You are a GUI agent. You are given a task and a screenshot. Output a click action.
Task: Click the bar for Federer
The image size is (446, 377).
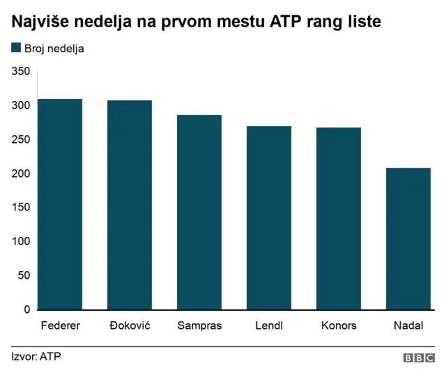click(x=60, y=204)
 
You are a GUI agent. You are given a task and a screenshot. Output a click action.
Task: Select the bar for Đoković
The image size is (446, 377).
click(x=130, y=205)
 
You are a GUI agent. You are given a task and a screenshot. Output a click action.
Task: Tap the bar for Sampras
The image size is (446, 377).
click(x=199, y=212)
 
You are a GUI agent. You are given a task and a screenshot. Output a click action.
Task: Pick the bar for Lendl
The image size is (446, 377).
click(x=269, y=217)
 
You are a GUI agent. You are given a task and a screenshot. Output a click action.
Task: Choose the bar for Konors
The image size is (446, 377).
click(x=339, y=218)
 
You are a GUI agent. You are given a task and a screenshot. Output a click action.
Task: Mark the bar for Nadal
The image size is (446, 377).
click(x=408, y=238)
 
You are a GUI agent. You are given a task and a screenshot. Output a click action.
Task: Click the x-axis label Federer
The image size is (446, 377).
click(x=60, y=325)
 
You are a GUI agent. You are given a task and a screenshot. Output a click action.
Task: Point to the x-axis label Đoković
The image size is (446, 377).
click(x=130, y=325)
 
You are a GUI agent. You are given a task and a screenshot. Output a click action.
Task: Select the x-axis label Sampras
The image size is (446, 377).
click(x=199, y=325)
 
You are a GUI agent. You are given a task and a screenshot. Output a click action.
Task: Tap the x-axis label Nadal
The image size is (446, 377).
click(x=408, y=325)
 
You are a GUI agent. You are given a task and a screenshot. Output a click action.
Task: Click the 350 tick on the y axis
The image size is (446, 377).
click(x=21, y=72)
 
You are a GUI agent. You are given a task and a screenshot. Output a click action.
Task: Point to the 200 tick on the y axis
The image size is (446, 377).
click(x=21, y=174)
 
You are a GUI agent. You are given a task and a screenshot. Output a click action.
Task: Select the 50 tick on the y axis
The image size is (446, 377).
click(x=24, y=275)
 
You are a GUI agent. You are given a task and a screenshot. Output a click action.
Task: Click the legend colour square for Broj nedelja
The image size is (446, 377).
click(x=16, y=49)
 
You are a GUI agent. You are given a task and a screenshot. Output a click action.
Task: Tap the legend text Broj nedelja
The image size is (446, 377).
click(x=54, y=49)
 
